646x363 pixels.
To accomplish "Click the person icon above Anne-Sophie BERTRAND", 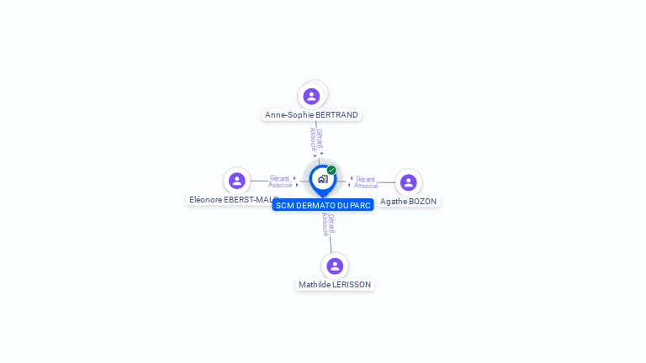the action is point(311,96).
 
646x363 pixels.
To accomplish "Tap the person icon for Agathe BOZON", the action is point(408,182).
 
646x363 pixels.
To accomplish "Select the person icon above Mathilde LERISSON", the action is point(335,266).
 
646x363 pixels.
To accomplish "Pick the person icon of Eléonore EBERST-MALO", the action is point(237,181).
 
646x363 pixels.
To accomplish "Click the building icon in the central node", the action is point(322,179).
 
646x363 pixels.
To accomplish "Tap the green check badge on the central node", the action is point(331,170).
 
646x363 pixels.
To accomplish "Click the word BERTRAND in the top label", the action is point(337,115).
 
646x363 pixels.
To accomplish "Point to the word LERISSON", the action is point(352,285).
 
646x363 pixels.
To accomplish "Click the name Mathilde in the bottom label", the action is point(315,285).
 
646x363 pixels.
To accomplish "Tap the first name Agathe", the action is point(394,202).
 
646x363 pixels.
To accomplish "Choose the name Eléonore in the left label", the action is point(205,200).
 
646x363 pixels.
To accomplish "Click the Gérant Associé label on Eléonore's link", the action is point(280,181).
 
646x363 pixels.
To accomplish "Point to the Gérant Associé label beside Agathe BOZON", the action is point(365,182).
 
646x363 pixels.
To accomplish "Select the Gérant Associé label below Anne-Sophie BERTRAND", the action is point(316,139).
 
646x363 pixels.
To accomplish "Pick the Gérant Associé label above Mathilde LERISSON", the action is point(329,224).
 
